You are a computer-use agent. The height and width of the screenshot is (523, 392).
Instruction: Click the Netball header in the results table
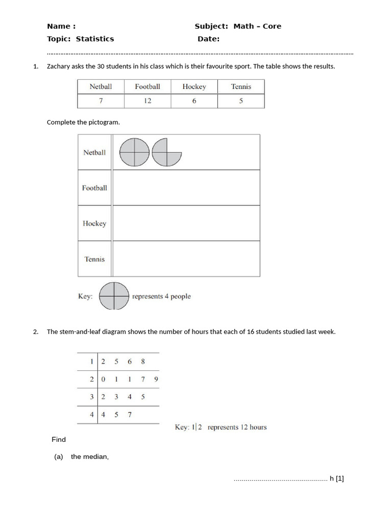[101, 86]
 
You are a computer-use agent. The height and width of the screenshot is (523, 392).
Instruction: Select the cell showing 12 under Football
[148, 101]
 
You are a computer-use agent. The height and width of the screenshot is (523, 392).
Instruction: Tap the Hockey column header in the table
[194, 86]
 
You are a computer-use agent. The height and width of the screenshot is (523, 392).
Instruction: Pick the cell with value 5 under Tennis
[241, 101]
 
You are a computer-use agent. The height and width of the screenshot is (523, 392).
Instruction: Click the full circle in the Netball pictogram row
[134, 152]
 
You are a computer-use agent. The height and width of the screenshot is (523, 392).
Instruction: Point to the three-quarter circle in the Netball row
[166, 152]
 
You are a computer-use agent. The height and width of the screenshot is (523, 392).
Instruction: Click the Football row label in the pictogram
[94, 188]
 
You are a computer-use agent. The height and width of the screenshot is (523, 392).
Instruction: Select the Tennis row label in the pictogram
[94, 259]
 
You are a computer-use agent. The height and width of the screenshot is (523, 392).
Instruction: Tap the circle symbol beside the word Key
[113, 296]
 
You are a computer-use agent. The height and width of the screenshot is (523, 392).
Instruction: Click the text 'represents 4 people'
[161, 296]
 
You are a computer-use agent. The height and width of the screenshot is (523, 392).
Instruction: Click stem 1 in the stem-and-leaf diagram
[92, 362]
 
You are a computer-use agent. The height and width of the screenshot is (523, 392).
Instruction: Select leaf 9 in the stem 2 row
[156, 379]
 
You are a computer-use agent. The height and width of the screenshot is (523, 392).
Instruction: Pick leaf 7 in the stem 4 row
[130, 415]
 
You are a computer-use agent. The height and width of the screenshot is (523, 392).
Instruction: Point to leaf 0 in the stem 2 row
[103, 379]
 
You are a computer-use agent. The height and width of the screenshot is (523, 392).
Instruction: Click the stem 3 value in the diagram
[92, 397]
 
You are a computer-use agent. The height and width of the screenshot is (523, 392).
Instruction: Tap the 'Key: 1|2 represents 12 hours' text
[220, 427]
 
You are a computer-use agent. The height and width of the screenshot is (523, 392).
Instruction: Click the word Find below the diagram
[59, 439]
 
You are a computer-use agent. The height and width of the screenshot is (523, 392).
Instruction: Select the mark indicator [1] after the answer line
[340, 479]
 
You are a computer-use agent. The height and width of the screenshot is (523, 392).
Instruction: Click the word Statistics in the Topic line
[95, 39]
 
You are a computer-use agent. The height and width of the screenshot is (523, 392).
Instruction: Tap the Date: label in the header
[208, 39]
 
